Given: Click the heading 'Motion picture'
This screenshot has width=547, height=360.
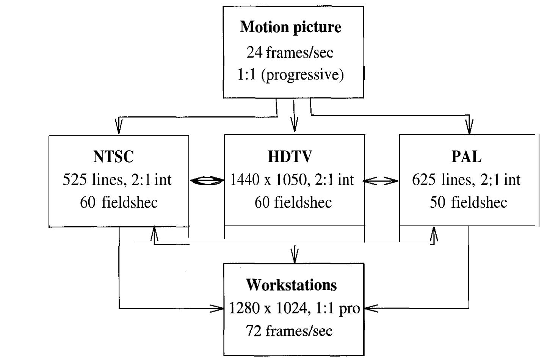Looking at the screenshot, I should tap(290, 27).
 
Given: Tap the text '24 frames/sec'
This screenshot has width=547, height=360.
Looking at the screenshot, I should tap(290, 52).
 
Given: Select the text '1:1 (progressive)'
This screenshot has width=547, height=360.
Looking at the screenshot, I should tap(291, 75).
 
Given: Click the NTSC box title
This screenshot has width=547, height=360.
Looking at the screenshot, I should tap(114, 157).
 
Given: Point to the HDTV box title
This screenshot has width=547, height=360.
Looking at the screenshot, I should tap(290, 157).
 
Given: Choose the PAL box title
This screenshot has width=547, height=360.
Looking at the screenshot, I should tap(467, 157).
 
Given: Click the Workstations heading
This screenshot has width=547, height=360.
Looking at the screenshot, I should tap(291, 285).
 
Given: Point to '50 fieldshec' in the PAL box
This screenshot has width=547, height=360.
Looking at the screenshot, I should tap(468, 202).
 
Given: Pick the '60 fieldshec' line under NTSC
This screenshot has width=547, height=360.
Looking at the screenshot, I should tap(119, 202).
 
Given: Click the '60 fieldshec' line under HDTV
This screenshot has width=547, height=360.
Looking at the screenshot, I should tap(293, 202).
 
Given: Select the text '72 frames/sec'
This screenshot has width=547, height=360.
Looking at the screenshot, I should tap(289, 331).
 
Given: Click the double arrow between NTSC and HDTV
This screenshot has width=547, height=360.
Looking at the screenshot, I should tap(207, 182).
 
